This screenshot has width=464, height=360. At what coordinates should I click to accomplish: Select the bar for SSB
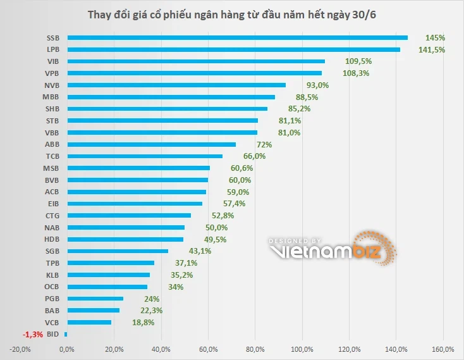(x=237, y=37)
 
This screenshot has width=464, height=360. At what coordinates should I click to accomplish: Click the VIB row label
(x=52, y=61)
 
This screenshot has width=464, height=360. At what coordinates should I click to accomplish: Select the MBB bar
(x=171, y=97)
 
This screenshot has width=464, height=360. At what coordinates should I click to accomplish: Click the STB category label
(x=52, y=120)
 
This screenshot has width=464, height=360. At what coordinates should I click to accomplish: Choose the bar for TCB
(x=145, y=156)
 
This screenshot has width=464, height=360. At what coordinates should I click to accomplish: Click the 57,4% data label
(x=234, y=203)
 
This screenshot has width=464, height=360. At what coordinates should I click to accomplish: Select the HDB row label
(x=52, y=239)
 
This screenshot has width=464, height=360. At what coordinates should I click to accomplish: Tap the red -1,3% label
(x=33, y=334)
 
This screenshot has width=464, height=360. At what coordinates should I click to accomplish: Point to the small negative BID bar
(x=66, y=334)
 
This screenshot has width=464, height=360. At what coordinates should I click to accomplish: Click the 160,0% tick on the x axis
(x=443, y=349)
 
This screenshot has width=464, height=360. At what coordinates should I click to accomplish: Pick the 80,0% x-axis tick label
(x=255, y=349)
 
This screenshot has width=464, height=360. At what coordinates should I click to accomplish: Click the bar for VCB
(x=89, y=322)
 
